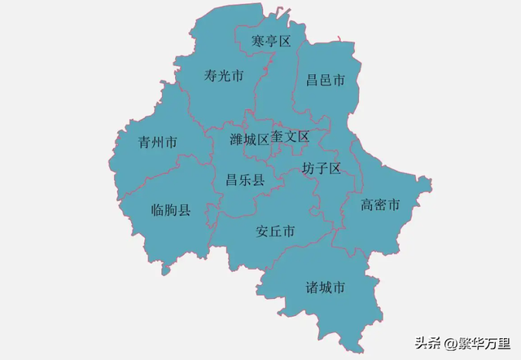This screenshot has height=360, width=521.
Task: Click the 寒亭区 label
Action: coord(271,41)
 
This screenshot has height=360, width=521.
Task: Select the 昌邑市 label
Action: coord(326,80)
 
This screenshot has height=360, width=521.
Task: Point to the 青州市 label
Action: coord(158,142)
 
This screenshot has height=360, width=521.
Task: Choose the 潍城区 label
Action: coord(249,139)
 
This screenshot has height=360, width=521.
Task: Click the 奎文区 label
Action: coord(291,136)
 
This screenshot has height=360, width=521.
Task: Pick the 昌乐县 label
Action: coord(245,179)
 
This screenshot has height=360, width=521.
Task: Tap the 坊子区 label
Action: coord(321,168)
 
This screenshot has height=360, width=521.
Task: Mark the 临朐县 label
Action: coord(171,210)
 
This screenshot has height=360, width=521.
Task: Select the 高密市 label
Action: coord(380,204)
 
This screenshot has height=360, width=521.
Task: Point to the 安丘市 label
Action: coord(275,231)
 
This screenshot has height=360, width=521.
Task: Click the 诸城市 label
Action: coord(326,288)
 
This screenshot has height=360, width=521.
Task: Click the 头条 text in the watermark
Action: coord(428,342)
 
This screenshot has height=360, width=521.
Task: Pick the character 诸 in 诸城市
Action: coord(313,288)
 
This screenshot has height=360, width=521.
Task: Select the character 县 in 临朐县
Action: coord(185,210)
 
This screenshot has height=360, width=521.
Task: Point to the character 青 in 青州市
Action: coord(145,142)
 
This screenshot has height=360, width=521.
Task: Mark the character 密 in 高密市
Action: coord(380,204)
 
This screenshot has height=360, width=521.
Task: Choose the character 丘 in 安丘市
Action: coord(275,231)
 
